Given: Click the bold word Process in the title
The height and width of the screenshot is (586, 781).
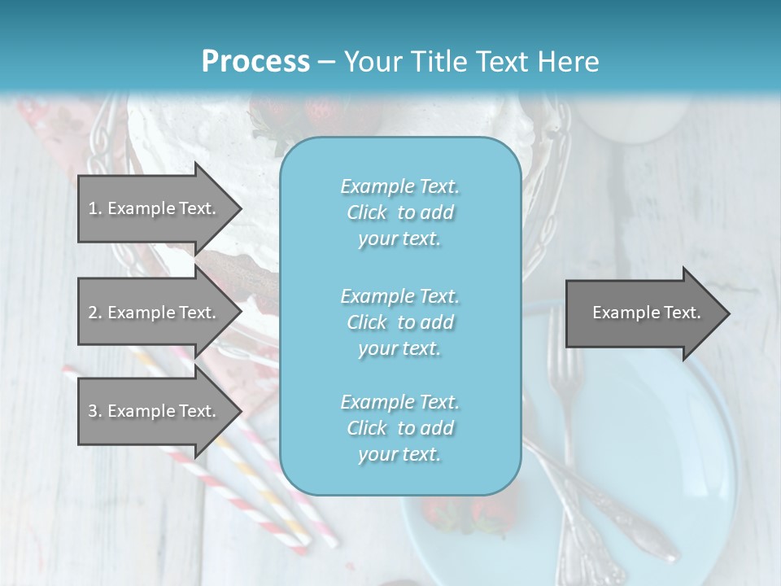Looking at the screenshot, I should coord(255,62).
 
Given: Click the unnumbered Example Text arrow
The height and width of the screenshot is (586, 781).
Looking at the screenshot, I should coord(647,313).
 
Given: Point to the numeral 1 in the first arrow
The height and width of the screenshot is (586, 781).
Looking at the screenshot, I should coord(92,208).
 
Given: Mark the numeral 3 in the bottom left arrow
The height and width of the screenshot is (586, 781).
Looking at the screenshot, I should coord(92,411).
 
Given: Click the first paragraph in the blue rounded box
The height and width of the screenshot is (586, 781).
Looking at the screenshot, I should coord(399,212).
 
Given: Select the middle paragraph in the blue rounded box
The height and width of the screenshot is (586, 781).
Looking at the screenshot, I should coord(399,321).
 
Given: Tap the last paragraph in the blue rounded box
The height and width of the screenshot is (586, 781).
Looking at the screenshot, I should coord(399,428).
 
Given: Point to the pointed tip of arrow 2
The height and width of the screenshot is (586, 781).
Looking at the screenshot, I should coord(241,313).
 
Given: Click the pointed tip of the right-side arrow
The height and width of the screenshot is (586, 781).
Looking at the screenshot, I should coord(729,313).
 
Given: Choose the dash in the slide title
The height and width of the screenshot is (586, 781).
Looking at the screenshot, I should coord(326,62).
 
